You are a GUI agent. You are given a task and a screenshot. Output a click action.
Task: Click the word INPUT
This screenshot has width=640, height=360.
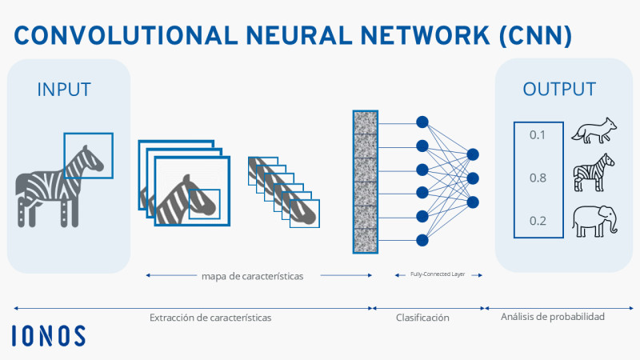click(x=64, y=90)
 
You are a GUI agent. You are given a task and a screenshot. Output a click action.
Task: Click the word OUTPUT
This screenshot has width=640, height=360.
click(x=559, y=89)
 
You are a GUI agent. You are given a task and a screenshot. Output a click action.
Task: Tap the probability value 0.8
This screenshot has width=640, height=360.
click(x=538, y=178)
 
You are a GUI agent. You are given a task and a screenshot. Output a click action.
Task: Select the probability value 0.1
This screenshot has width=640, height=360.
click(x=537, y=134)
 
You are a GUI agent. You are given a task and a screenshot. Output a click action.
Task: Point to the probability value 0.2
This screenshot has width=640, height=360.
click(x=538, y=221)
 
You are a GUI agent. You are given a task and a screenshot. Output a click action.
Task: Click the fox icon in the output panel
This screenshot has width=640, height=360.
click(x=594, y=130)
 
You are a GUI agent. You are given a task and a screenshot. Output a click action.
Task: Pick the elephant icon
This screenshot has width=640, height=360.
click(x=594, y=222)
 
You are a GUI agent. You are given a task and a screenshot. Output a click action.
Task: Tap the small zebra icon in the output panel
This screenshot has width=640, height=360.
click(x=594, y=172)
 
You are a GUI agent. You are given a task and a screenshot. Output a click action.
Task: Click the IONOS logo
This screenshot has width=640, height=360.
click(x=49, y=335)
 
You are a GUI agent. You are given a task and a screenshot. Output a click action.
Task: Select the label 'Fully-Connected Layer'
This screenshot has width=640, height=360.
click(x=438, y=274)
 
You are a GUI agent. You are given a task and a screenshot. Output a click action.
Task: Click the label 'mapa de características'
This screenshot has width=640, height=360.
click(x=252, y=276)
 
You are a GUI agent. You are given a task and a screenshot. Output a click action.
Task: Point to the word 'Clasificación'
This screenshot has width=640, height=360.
click(x=422, y=318)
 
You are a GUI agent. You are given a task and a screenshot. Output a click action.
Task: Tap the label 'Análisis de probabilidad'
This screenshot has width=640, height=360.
click(x=553, y=317)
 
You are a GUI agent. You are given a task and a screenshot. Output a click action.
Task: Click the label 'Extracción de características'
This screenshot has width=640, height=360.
click(x=210, y=318)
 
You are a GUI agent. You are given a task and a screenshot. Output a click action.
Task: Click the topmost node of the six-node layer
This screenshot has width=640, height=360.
click(x=422, y=122)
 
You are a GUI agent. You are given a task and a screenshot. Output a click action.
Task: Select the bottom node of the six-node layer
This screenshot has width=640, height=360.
click(x=422, y=240)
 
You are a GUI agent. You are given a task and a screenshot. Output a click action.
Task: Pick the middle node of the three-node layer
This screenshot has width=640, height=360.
click(x=473, y=178)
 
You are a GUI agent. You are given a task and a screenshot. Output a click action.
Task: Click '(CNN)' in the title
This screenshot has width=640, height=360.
click(x=535, y=35)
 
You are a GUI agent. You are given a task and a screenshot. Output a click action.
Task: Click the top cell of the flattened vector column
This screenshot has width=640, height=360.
click(x=366, y=122)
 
